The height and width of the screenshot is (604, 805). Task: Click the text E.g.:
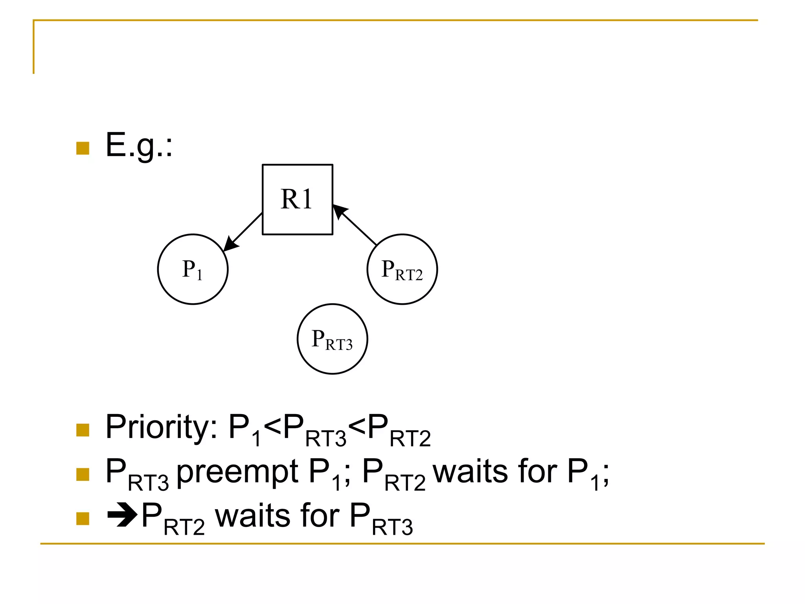[139, 145]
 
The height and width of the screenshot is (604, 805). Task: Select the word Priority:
[161, 427]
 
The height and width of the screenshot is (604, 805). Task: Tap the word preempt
[237, 472]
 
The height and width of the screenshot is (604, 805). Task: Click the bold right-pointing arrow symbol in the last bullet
[122, 514]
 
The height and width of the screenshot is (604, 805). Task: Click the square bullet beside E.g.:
[83, 148]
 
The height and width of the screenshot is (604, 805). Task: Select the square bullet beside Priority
[83, 430]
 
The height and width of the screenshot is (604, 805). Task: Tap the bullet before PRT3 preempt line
[83, 475]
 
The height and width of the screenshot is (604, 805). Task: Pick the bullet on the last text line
[83, 519]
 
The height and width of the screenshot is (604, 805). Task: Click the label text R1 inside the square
[296, 199]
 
